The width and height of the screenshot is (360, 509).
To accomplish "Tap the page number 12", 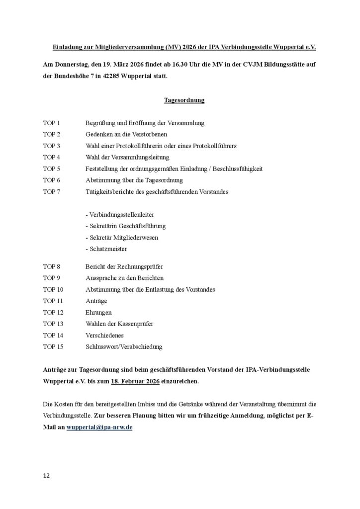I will click(46, 476).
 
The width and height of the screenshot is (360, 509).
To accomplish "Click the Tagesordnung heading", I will click(184, 100).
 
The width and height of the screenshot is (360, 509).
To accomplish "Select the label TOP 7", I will click(51, 191).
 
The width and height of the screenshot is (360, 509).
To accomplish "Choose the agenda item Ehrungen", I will click(98, 312).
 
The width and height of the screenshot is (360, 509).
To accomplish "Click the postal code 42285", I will click(112, 78).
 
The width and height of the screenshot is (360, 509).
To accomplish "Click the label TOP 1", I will click(51, 123).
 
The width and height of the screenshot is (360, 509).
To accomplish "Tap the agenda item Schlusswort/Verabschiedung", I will click(124, 346).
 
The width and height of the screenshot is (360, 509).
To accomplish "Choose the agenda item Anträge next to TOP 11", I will click(96, 301).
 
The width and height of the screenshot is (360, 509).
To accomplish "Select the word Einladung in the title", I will click(68, 47).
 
